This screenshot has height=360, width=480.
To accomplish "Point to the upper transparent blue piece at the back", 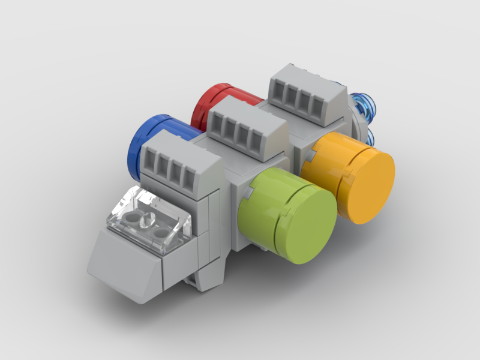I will point(364,106).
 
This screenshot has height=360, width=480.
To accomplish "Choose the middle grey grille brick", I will point(246,129).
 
